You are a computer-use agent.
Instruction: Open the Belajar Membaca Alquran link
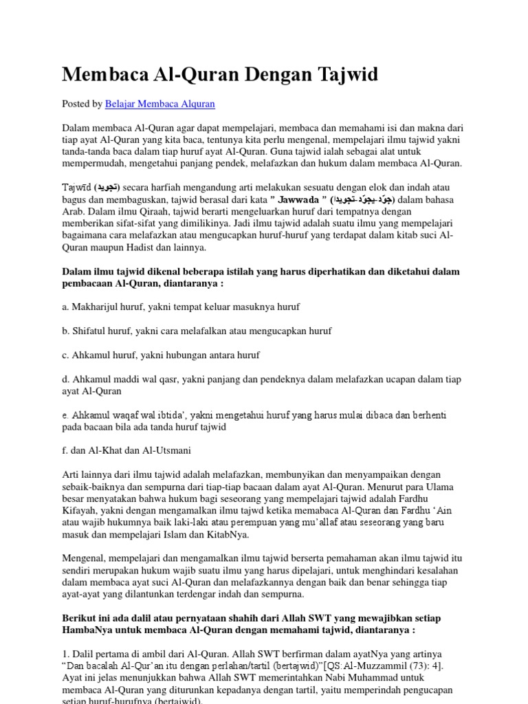(x=160, y=104)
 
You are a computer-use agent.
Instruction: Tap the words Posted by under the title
(x=82, y=104)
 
